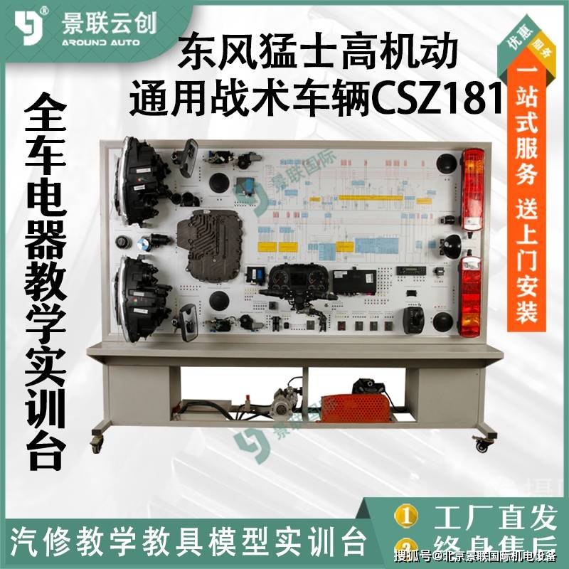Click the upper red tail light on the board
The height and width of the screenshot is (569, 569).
point(472,189)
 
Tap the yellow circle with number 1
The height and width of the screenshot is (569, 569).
point(406,515)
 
